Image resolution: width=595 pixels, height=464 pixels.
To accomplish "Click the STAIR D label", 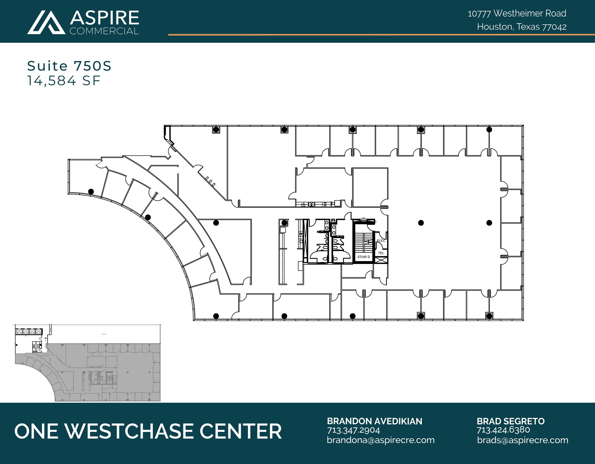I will [363, 257].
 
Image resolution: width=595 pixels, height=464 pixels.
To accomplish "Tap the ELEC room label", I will [381, 241].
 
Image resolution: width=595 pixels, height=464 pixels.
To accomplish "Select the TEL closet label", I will [381, 253].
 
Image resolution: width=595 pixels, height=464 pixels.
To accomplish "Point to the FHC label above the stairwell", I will [363, 218].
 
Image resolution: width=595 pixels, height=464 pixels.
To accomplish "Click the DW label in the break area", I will [301, 233].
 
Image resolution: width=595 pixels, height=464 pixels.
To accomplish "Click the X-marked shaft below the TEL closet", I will [381, 260].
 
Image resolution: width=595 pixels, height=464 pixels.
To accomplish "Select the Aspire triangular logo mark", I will [46, 22].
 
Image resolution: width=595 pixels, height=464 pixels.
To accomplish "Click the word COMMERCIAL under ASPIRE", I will [104, 31].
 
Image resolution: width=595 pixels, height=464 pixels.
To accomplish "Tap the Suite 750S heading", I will [69, 66].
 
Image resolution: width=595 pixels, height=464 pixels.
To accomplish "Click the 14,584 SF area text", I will [64, 81].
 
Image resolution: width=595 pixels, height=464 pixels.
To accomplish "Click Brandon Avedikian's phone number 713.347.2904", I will [353, 430].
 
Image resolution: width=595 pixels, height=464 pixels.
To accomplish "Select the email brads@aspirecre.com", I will [522, 440].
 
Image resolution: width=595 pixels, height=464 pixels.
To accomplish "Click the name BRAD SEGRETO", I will [510, 421].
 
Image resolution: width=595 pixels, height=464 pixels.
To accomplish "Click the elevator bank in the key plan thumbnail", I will [29, 331].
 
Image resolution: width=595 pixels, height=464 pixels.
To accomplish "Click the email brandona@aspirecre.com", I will [381, 440].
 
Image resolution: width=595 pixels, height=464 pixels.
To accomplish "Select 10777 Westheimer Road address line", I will [517, 13].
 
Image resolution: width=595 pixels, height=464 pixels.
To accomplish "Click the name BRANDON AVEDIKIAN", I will [374, 421].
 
